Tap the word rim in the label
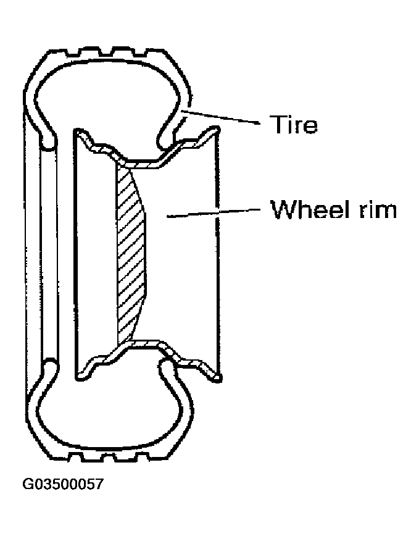377,209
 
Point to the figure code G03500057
62,484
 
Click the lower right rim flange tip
217,377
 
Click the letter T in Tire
277,124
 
